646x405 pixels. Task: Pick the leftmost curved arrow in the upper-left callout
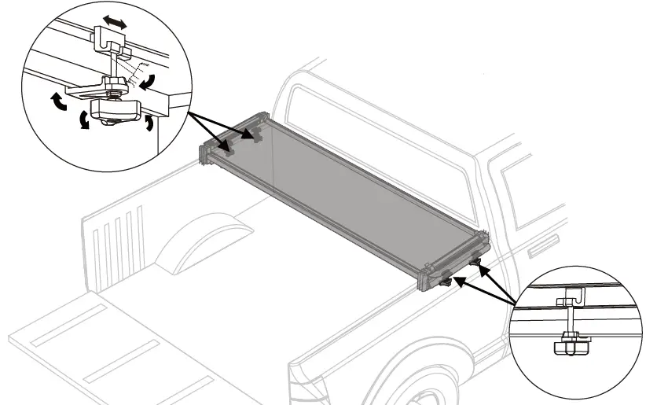click(x=57, y=103)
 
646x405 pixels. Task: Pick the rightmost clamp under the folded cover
click(x=476, y=261)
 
